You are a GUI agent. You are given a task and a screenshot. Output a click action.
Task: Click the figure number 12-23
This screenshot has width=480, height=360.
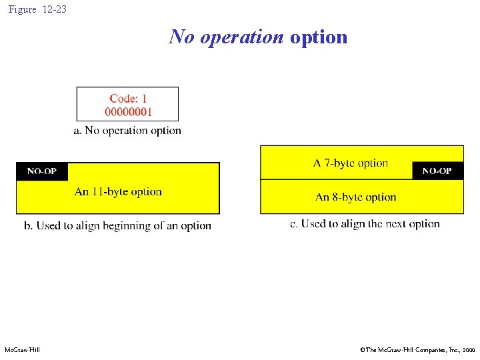[55, 10]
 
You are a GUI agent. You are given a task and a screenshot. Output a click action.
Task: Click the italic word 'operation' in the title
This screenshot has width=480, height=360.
[242, 37]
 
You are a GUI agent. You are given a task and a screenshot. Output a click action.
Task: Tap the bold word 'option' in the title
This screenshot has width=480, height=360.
[319, 37]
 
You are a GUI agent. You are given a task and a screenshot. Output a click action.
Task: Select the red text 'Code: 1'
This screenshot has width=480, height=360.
[128, 98]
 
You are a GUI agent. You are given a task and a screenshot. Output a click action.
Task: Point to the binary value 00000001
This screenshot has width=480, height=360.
[128, 111]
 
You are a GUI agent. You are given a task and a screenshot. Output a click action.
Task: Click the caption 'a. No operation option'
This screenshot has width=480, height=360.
[127, 131]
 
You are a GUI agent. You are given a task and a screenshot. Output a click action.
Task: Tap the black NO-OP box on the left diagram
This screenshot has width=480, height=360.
[42, 172]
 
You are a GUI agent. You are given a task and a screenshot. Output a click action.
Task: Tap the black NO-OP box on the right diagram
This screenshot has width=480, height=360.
[437, 171]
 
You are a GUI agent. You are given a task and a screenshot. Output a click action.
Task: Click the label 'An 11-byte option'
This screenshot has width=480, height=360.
[118, 192]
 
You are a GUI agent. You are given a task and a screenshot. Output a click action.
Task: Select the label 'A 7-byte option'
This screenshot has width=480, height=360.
[351, 163]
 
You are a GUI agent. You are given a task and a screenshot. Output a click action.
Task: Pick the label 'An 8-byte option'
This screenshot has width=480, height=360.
[355, 197]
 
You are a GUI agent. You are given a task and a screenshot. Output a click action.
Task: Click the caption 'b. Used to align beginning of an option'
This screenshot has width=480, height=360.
[117, 226]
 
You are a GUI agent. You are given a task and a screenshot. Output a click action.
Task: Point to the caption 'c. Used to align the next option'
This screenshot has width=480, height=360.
[365, 224]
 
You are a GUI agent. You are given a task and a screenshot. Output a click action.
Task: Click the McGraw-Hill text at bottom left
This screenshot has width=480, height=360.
[22, 349]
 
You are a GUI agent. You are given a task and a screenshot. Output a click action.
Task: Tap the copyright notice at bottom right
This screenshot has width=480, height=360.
[417, 349]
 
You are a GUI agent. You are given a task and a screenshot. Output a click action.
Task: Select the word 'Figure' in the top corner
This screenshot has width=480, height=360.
[23, 10]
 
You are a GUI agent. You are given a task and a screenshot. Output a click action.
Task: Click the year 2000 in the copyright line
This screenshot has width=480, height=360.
[468, 349]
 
